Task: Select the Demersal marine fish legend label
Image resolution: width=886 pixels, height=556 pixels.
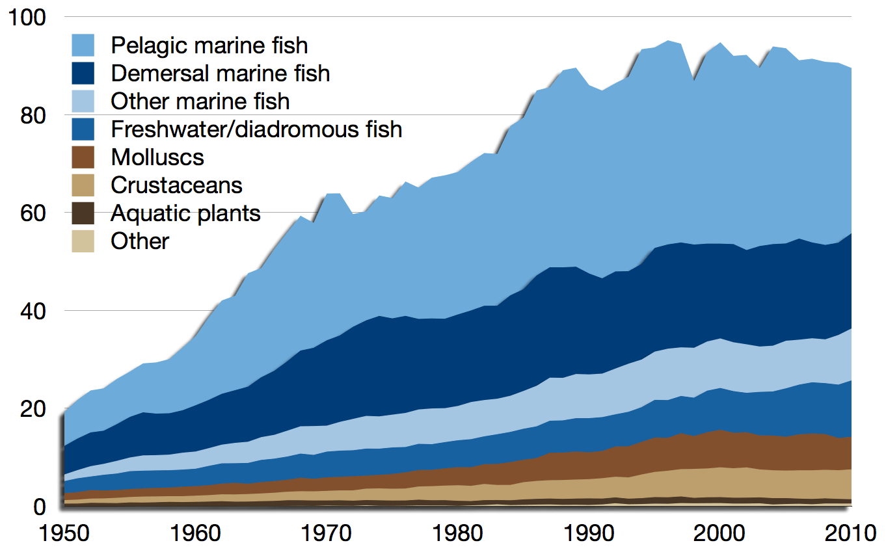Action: pyautogui.click(x=220, y=73)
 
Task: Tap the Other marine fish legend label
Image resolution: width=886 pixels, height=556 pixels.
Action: pyautogui.click(x=200, y=101)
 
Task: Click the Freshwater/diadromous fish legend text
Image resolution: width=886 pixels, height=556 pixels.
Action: pyautogui.click(x=256, y=129)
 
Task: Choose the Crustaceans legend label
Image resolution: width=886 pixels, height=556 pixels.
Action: pyautogui.click(x=176, y=185)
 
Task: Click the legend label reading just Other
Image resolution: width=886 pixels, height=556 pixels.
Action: pyautogui.click(x=140, y=241)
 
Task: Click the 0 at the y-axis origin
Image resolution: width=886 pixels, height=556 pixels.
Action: pyautogui.click(x=40, y=507)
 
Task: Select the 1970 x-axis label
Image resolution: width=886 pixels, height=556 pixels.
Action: pyautogui.click(x=327, y=536)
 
